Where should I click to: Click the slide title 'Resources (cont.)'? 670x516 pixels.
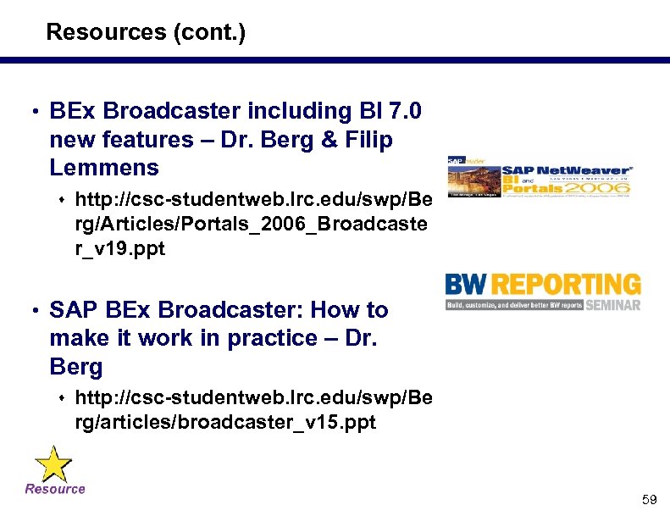click(x=145, y=33)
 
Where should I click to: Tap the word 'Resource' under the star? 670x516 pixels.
click(x=55, y=489)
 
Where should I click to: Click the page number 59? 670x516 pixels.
click(x=649, y=500)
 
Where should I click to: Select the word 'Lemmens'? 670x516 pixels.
click(x=104, y=168)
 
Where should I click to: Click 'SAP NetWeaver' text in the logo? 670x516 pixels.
click(x=566, y=171)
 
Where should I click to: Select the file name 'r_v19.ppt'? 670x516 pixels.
click(x=120, y=249)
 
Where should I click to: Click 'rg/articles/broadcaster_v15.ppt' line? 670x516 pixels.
click(x=225, y=421)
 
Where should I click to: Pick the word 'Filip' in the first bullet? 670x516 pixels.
click(x=369, y=140)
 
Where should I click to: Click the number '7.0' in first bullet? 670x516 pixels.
click(x=406, y=111)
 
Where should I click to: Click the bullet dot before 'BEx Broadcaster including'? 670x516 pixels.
click(x=32, y=112)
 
